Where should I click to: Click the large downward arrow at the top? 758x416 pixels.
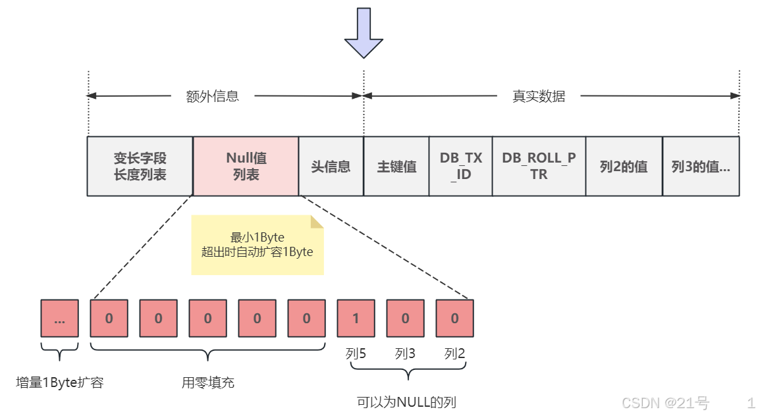[x=364, y=33]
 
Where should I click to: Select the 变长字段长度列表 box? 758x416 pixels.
[x=140, y=167]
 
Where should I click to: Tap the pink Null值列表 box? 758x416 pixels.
[x=246, y=167]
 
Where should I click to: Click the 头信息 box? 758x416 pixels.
[x=331, y=167]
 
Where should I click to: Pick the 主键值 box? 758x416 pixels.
[x=396, y=167]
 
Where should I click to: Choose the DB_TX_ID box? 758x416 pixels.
[x=460, y=167]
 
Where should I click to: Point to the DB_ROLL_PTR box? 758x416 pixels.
[x=539, y=167]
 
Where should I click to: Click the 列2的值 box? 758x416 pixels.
[x=624, y=167]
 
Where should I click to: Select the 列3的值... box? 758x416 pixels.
[x=701, y=167]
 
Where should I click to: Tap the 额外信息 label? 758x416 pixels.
[x=212, y=97]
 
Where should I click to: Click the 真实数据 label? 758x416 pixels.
[x=539, y=97]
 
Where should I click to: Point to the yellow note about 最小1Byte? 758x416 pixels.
[x=257, y=245]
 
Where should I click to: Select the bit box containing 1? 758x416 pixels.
[x=356, y=319]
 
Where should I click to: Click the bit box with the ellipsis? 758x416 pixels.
[x=59, y=319]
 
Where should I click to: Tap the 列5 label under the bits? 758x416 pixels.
[x=356, y=354]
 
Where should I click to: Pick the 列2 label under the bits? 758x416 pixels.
[x=454, y=354]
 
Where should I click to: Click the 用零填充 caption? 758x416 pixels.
[x=208, y=382]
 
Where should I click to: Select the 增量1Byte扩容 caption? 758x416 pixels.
[x=60, y=382]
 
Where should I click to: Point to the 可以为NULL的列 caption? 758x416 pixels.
[x=406, y=402]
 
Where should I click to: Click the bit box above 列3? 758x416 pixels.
[x=405, y=319]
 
